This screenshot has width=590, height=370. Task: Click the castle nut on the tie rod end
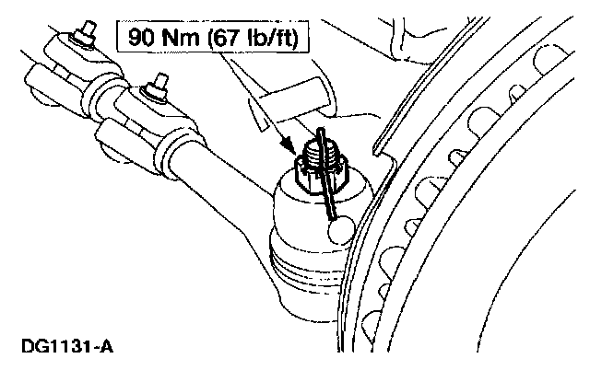click(x=319, y=171)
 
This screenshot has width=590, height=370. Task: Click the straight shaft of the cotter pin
click(x=328, y=189)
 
